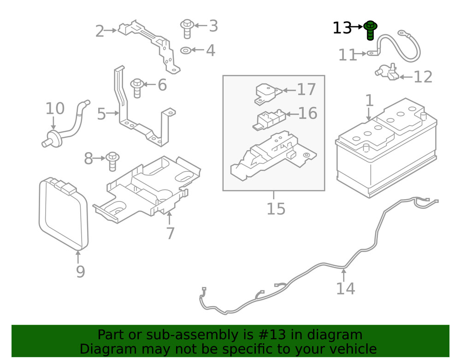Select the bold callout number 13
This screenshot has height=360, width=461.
pyautogui.click(x=342, y=28)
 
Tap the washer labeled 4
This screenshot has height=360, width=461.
pyautogui.click(x=186, y=50)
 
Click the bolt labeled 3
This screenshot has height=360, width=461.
pyautogui.click(x=187, y=28)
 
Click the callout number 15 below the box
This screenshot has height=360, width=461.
pyautogui.click(x=276, y=209)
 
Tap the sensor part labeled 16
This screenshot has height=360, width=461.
pyautogui.click(x=268, y=119)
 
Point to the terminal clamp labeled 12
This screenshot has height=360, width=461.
pyautogui.click(x=386, y=73)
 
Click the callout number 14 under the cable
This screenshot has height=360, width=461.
pyautogui.click(x=345, y=289)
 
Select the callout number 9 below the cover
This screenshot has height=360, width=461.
pyautogui.click(x=80, y=271)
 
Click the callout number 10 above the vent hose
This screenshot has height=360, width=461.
pyautogui.click(x=55, y=109)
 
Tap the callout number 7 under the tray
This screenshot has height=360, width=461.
pyautogui.click(x=170, y=233)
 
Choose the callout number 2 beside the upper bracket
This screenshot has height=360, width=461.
pyautogui.click(x=100, y=31)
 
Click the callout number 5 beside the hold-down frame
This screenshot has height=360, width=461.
pyautogui.click(x=101, y=114)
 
